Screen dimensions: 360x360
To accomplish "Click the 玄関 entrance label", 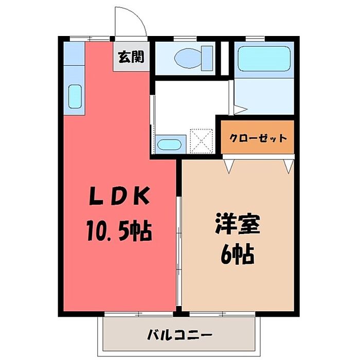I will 131,57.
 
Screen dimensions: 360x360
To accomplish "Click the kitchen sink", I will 75,97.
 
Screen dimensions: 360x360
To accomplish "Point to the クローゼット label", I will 258,138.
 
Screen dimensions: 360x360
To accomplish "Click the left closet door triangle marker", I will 229,165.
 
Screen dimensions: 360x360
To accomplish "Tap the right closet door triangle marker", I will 289,165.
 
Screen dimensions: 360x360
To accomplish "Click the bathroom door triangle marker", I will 240,110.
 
